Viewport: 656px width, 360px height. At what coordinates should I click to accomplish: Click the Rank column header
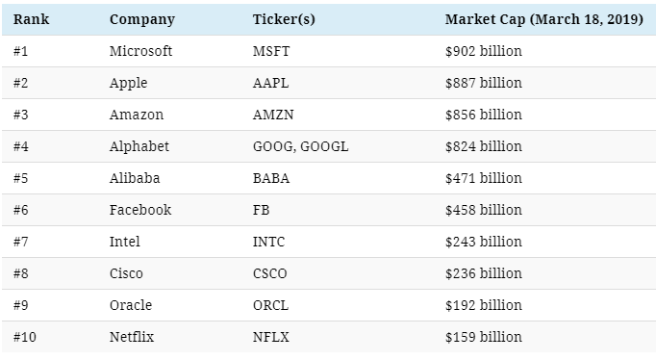tap(31, 19)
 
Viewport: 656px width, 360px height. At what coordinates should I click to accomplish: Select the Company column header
tap(142, 19)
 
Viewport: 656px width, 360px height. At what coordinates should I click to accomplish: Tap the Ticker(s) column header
tap(284, 19)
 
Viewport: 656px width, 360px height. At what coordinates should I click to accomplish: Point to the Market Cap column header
tap(543, 19)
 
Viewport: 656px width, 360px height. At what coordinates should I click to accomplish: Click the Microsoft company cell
tap(140, 51)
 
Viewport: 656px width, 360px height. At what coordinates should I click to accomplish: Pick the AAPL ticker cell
tap(270, 83)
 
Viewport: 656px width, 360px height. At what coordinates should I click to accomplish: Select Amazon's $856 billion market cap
tap(484, 115)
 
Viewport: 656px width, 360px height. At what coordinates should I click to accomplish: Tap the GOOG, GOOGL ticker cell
tap(300, 146)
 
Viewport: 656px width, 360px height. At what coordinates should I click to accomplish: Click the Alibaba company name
tap(135, 178)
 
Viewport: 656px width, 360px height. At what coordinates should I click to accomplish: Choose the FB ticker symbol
tap(261, 210)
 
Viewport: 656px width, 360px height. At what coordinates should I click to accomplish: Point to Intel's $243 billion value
tap(484, 242)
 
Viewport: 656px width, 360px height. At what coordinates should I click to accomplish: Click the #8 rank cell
tap(20, 273)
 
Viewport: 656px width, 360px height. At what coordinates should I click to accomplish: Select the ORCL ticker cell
tap(270, 305)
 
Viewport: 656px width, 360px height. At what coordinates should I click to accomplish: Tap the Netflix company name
tap(132, 337)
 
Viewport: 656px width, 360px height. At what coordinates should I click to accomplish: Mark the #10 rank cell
tap(25, 337)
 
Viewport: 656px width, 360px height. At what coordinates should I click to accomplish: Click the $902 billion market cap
tap(484, 51)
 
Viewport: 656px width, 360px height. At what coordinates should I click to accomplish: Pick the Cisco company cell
tap(126, 273)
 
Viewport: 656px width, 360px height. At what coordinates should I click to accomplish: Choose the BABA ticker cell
tap(271, 178)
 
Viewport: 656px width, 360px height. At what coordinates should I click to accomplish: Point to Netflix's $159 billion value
tap(484, 337)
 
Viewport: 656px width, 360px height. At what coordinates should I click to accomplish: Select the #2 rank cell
tap(20, 83)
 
